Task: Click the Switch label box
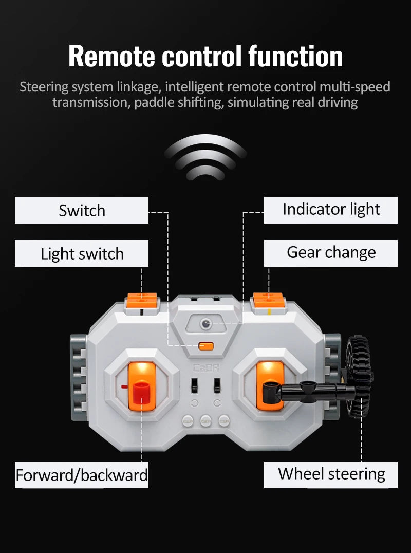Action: (81, 210)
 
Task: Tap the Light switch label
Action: (81, 253)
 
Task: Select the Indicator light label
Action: (331, 210)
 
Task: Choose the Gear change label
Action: (331, 253)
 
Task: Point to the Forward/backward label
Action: (81, 475)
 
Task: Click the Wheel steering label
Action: (331, 475)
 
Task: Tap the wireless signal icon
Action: (206, 157)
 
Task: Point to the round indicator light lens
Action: (206, 323)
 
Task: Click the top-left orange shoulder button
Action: (142, 300)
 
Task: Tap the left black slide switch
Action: (194, 385)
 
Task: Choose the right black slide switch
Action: (217, 385)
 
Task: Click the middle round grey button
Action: (206, 421)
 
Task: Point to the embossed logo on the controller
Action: (206, 368)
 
